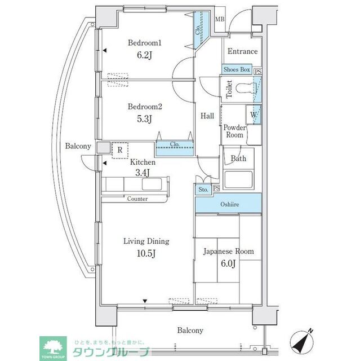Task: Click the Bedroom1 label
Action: tap(144, 42)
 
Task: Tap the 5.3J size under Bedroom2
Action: tap(144, 118)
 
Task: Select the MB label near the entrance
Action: tap(220, 19)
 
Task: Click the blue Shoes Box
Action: tap(237, 69)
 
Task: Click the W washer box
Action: tap(255, 115)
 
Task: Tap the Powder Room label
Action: tap(235, 131)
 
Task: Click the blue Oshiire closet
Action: tap(228, 203)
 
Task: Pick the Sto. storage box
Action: tap(203, 190)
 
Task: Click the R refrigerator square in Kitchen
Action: tap(120, 151)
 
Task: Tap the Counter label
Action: tap(137, 199)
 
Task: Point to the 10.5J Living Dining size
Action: tap(146, 253)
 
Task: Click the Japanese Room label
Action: tap(228, 251)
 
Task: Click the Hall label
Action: tap(207, 116)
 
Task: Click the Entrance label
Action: tap(242, 51)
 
